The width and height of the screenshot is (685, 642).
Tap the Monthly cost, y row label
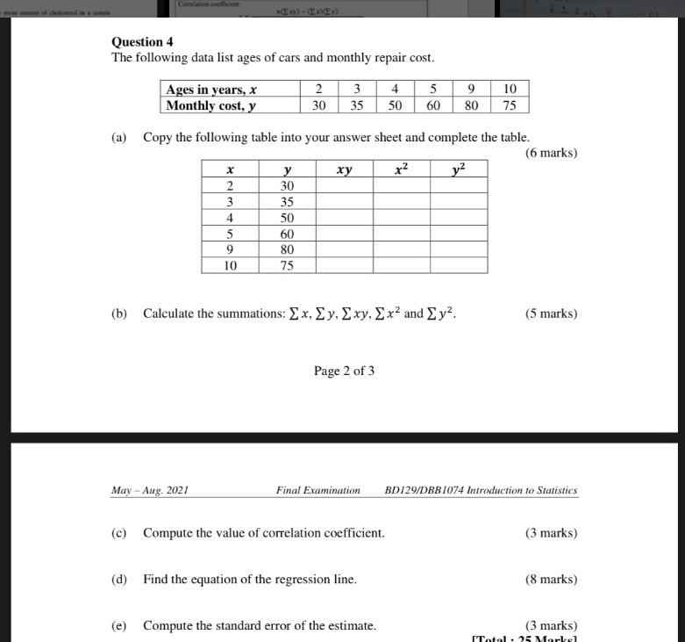211,105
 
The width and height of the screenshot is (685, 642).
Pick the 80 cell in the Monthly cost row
472,105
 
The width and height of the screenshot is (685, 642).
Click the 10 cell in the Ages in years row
510,89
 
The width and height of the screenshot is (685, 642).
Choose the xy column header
344,169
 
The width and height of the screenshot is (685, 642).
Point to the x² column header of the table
401,169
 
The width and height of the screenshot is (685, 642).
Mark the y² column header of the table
459,169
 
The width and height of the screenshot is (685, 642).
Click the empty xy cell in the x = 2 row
344,185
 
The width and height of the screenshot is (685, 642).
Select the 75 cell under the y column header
287,265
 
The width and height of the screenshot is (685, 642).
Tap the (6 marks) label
551,153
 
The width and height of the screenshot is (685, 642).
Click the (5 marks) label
551,314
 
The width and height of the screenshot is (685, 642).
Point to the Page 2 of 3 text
344,371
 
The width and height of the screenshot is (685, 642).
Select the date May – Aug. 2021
150,490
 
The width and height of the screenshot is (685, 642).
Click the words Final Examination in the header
318,490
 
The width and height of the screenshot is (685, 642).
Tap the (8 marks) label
551,580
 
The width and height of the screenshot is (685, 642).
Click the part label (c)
118,533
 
